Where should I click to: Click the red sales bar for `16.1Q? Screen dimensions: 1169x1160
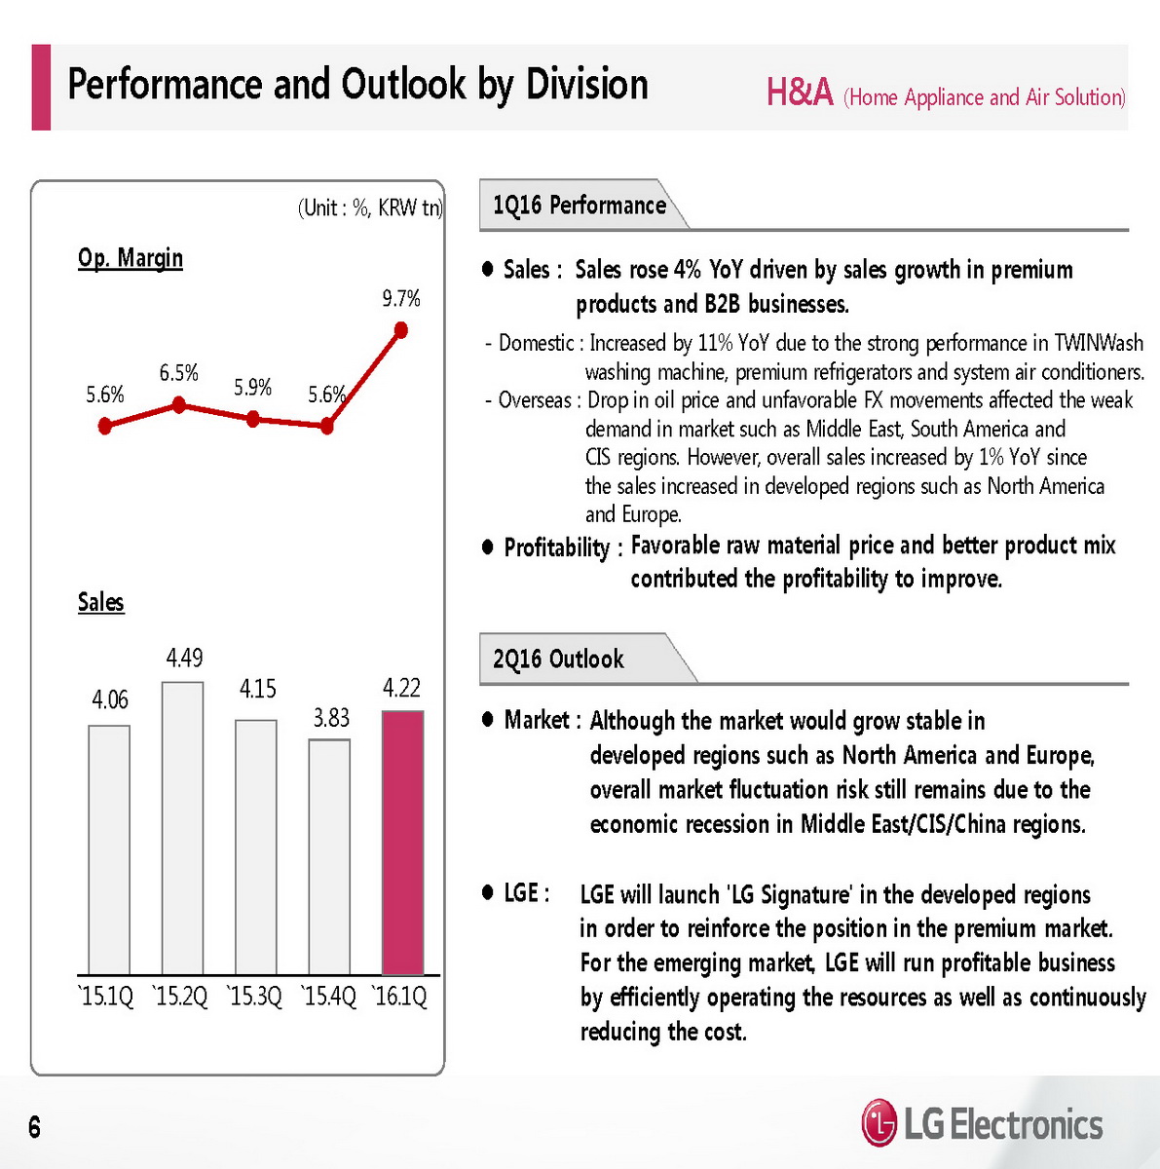point(402,843)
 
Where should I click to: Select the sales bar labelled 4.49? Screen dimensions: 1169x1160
point(183,828)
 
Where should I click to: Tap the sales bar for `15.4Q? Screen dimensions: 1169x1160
point(329,857)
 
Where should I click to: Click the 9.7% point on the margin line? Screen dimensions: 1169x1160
point(400,330)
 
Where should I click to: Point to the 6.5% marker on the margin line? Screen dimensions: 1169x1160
point(178,404)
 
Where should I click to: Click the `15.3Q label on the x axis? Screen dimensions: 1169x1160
point(254,997)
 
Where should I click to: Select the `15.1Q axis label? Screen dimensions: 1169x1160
point(106,997)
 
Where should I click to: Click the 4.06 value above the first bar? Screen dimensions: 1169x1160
point(110,699)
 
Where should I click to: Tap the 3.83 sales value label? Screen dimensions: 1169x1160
point(331,718)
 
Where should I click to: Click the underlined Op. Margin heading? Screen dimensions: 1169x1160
point(131,258)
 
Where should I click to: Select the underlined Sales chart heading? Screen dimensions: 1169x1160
point(101,602)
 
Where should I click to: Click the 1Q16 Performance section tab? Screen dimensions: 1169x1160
point(579,206)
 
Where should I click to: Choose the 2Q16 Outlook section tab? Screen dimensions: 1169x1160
point(558,660)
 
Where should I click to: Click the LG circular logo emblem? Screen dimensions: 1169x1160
point(879,1123)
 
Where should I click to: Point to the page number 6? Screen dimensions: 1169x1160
point(35,1127)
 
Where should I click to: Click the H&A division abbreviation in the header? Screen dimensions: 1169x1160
point(800,94)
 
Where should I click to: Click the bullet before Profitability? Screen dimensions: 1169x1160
point(488,547)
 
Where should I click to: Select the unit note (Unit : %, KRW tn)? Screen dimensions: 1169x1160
point(369,207)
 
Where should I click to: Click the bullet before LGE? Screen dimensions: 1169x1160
point(488,892)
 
